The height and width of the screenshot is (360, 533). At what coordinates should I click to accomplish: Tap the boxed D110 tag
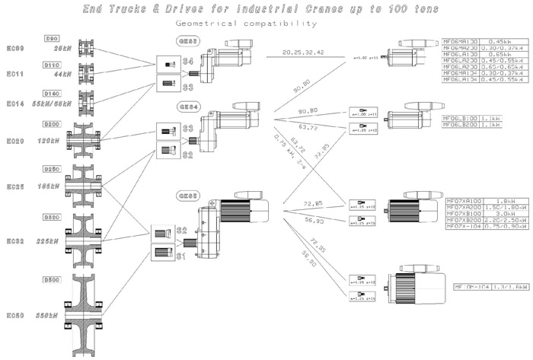coord(52,65)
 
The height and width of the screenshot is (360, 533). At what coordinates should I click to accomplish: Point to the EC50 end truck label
coord(17,314)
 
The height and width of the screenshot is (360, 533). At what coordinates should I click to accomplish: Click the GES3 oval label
coord(187,40)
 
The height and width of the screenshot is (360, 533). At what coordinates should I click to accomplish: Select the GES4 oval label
coord(187,107)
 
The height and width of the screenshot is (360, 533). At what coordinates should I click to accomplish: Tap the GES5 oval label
coord(187,196)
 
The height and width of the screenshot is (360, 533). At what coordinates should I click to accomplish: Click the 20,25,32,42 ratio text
coord(303,53)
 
